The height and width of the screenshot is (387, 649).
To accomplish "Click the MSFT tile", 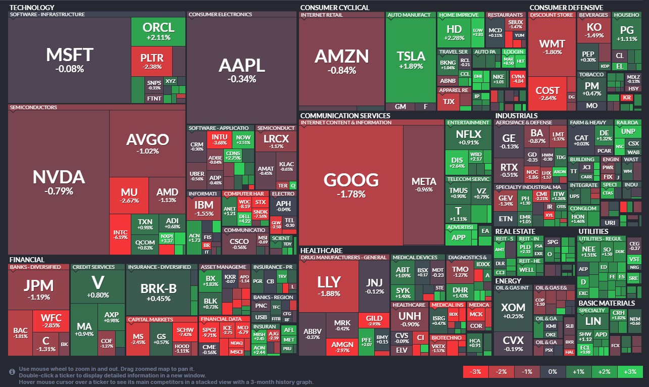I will click(70, 58).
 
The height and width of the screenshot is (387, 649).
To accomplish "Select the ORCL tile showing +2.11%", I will click(158, 31).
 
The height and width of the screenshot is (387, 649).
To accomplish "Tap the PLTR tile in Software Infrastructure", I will click(152, 61).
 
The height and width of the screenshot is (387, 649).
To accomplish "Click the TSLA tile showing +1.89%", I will click(411, 60).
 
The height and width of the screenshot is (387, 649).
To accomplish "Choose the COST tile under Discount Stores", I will click(547, 93).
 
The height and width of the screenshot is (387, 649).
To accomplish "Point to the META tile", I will click(424, 184).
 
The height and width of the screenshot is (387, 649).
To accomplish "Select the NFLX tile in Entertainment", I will click(468, 137).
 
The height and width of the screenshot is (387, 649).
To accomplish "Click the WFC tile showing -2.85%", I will click(51, 321).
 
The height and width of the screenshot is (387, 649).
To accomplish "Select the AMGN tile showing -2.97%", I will click(342, 347).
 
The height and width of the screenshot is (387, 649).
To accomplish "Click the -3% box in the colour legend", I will click(476, 372).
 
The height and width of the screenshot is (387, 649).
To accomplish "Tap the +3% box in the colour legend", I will click(629, 372).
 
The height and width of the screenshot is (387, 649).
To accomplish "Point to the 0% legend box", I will click(553, 372).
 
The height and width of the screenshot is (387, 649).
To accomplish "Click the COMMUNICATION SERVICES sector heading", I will click(345, 116).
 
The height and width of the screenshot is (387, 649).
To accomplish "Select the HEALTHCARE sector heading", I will click(321, 250).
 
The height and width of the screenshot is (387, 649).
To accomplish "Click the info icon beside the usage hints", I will click(12, 372).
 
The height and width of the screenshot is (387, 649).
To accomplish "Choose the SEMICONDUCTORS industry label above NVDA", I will click(33, 107).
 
